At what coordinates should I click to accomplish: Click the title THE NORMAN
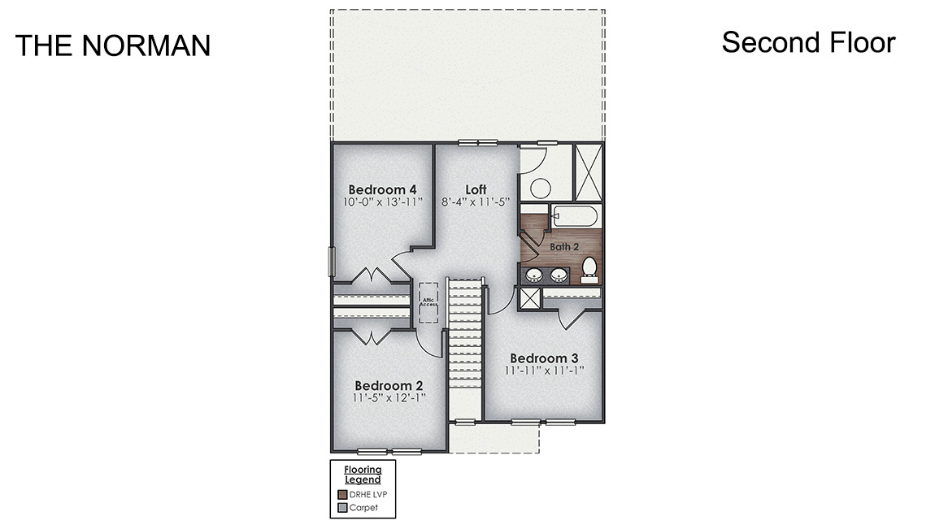pyautogui.click(x=112, y=46)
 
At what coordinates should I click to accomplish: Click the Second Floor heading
pyautogui.click(x=808, y=42)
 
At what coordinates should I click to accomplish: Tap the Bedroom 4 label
pyautogui.click(x=383, y=190)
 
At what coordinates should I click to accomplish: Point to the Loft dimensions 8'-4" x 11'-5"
pyautogui.click(x=476, y=202)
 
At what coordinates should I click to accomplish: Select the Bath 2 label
pyautogui.click(x=564, y=246)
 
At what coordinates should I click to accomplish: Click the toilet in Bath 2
pyautogui.click(x=589, y=267)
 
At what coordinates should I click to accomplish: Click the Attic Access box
pyautogui.click(x=428, y=303)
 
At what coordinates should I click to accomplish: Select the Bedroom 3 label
pyautogui.click(x=544, y=358)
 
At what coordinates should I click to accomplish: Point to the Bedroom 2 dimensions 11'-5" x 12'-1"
pyautogui.click(x=389, y=398)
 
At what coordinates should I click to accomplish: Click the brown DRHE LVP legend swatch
pyautogui.click(x=342, y=494)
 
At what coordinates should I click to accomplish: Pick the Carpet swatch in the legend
pyautogui.click(x=342, y=508)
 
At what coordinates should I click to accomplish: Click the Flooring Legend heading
pyautogui.click(x=362, y=475)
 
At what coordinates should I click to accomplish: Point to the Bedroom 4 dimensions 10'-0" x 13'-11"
pyautogui.click(x=383, y=202)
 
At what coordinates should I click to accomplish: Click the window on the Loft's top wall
pyautogui.click(x=477, y=143)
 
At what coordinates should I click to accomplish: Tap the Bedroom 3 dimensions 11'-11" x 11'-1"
pyautogui.click(x=544, y=371)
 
